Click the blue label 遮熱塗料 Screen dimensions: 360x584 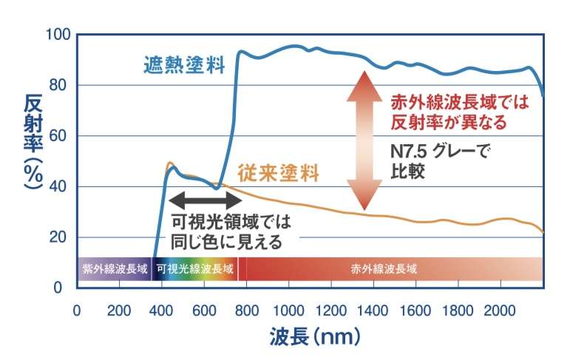(x=183, y=65)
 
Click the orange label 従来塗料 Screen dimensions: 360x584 (x=279, y=174)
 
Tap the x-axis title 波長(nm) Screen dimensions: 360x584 (x=313, y=337)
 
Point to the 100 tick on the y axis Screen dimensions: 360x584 (x=57, y=35)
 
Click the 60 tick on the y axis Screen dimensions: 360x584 (x=60, y=136)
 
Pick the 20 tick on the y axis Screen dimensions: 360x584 (x=60, y=237)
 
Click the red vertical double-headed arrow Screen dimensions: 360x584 (x=364, y=140)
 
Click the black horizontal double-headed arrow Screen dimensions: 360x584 (x=206, y=199)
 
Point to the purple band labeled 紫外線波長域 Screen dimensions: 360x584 (x=115, y=268)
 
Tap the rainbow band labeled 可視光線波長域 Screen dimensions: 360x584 (x=195, y=268)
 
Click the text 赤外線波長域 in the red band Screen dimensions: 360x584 (x=384, y=268)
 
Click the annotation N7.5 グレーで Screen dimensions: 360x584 (x=440, y=153)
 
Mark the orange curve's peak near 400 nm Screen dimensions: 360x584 (x=170, y=163)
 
